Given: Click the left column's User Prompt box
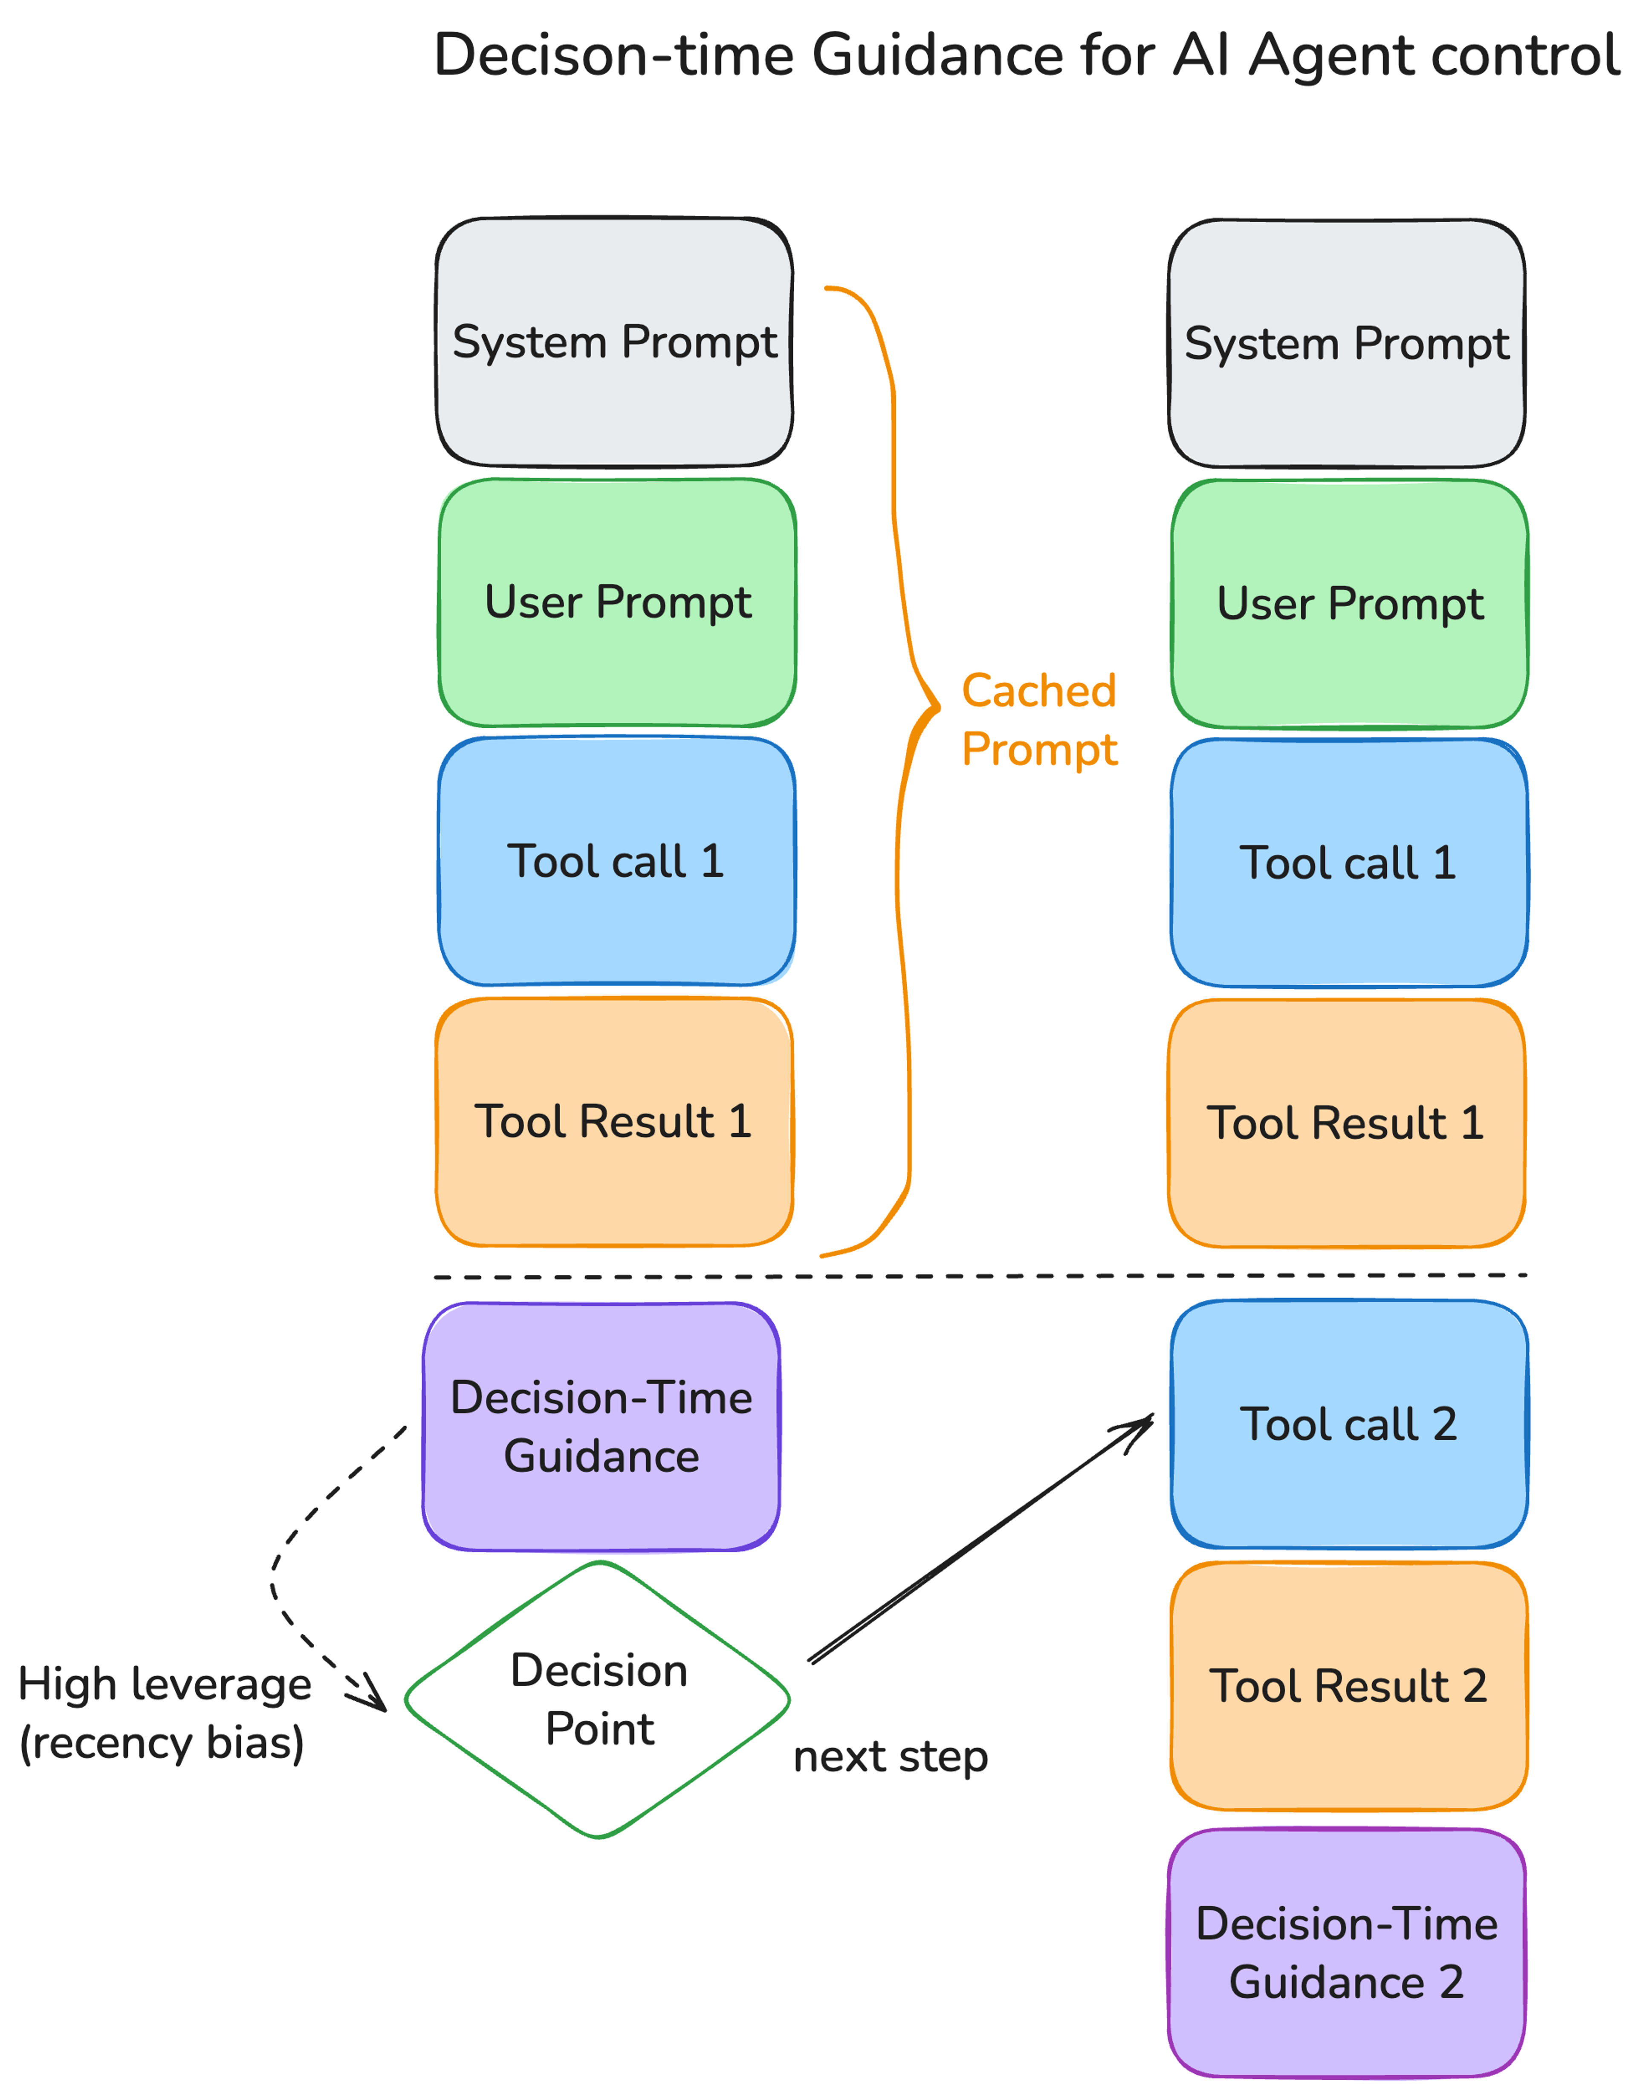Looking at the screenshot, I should tap(617, 603).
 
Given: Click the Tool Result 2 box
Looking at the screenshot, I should tap(1348, 1687).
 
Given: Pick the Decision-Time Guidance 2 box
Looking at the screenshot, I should tap(1347, 1953).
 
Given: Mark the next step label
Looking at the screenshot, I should tap(891, 1757).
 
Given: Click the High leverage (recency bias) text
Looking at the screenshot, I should tap(164, 1714).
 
